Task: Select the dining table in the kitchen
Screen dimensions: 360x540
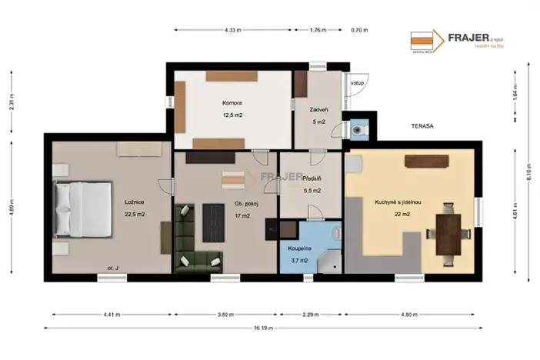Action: point(448,230)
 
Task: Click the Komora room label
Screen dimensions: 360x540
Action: point(232,103)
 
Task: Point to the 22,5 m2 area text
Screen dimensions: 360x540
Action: point(135,215)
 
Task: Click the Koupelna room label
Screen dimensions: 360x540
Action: point(300,249)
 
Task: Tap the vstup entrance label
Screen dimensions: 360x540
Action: point(357,82)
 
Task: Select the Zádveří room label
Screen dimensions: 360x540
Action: point(318,109)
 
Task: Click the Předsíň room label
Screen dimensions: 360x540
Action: point(312,178)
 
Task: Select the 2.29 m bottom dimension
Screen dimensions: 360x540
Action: point(311,314)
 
